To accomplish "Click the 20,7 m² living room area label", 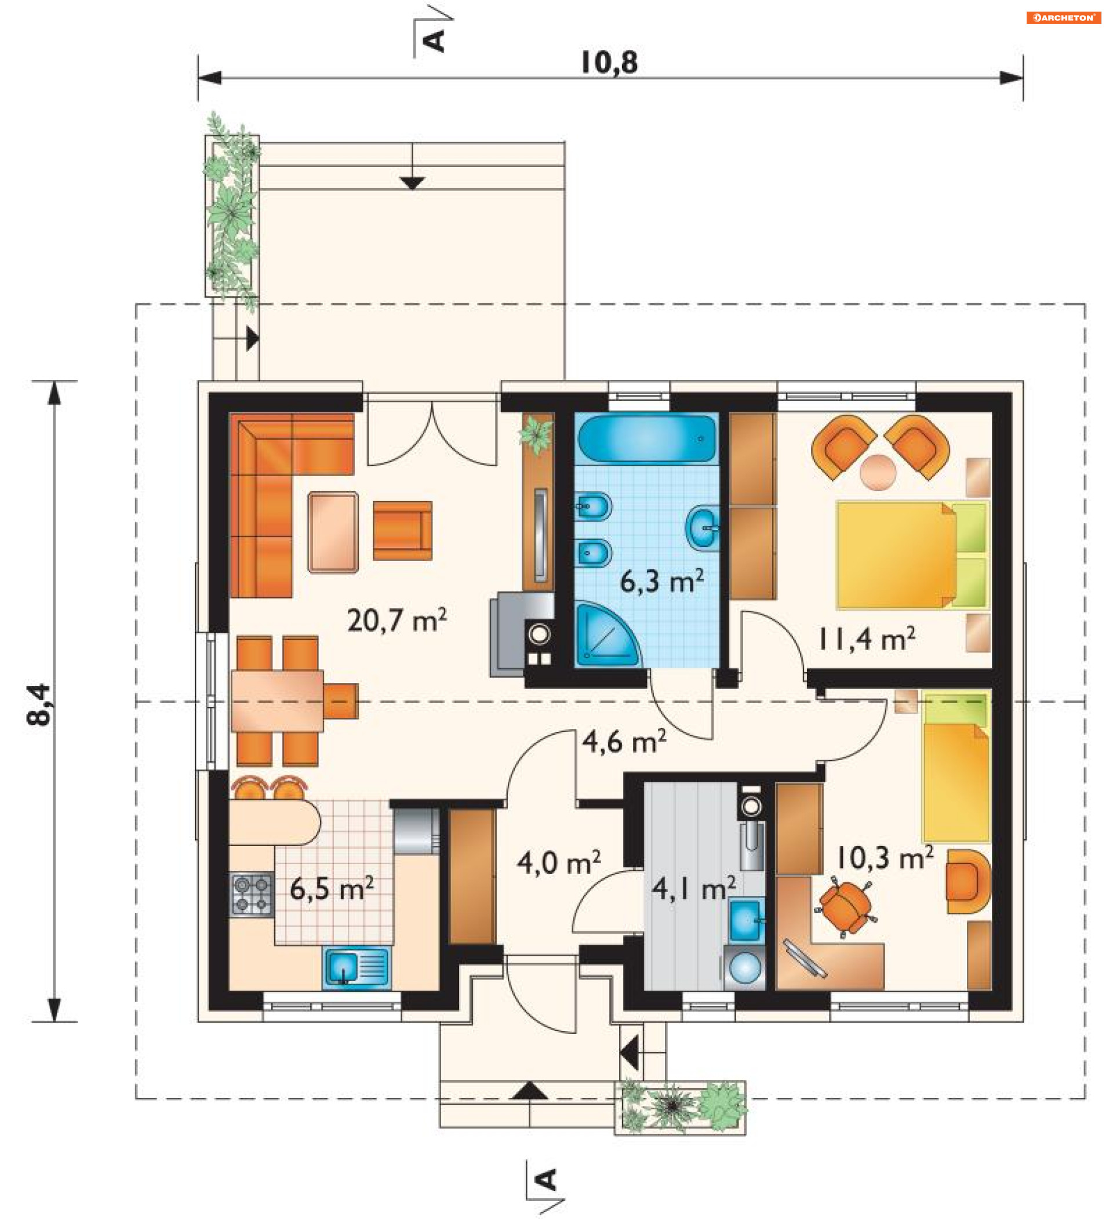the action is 397,620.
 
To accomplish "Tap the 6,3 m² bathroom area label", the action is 662,581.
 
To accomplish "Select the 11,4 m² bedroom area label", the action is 866,639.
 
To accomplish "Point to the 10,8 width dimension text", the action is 609,63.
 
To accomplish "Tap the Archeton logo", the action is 1063,17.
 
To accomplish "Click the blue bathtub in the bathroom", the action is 647,438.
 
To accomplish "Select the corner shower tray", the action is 606,635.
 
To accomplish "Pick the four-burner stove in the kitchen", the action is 252,895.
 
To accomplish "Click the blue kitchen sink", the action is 356,967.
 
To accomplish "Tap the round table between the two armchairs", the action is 878,472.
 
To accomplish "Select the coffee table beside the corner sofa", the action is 333,532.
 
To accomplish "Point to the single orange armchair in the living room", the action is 403,530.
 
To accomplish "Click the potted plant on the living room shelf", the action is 536,434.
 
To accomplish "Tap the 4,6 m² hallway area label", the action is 624,741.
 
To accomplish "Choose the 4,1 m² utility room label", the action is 694,888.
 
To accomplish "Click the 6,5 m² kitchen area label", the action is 332,888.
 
